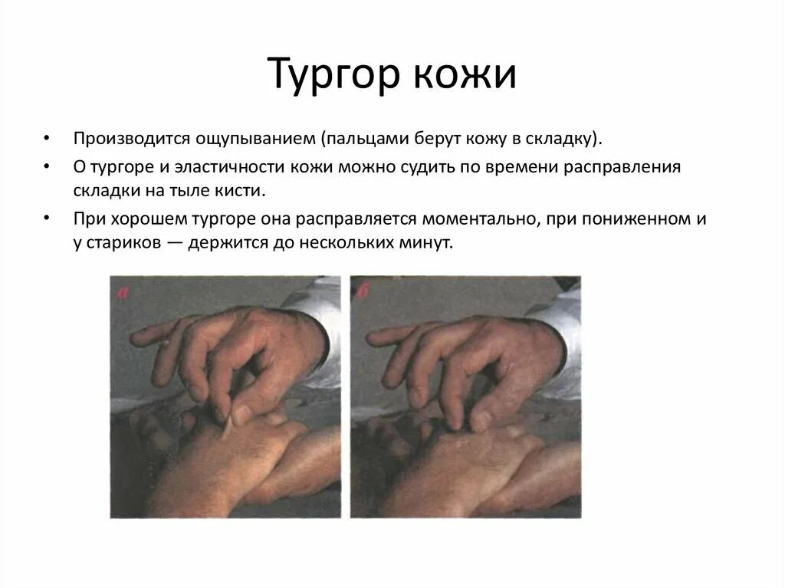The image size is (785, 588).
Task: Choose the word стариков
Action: pos(125,243)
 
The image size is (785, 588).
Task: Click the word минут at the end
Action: pos(429,243)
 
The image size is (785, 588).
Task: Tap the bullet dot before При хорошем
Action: pos(48,219)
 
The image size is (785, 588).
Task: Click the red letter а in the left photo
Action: pos(120,291)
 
